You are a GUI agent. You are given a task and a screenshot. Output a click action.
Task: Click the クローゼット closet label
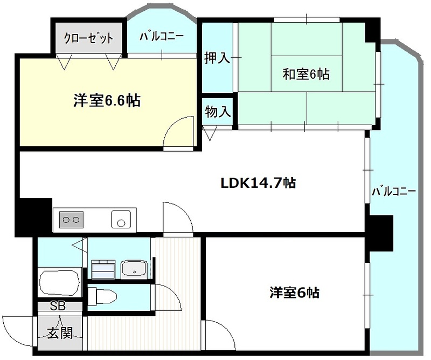(87, 38)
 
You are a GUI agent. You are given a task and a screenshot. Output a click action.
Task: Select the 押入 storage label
(216, 59)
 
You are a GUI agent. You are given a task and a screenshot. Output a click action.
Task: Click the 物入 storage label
(216, 111)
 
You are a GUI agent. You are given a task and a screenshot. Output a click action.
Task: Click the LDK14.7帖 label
(258, 183)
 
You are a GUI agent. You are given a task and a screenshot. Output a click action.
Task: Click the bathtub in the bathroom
(61, 283)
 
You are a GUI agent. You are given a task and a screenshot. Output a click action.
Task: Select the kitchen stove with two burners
(72, 217)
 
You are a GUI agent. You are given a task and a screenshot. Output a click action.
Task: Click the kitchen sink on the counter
(121, 217)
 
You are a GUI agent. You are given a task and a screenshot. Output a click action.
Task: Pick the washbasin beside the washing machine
(134, 267)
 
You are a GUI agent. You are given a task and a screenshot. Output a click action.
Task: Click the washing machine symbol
(103, 267)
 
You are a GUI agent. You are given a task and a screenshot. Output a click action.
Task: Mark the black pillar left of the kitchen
(35, 217)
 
